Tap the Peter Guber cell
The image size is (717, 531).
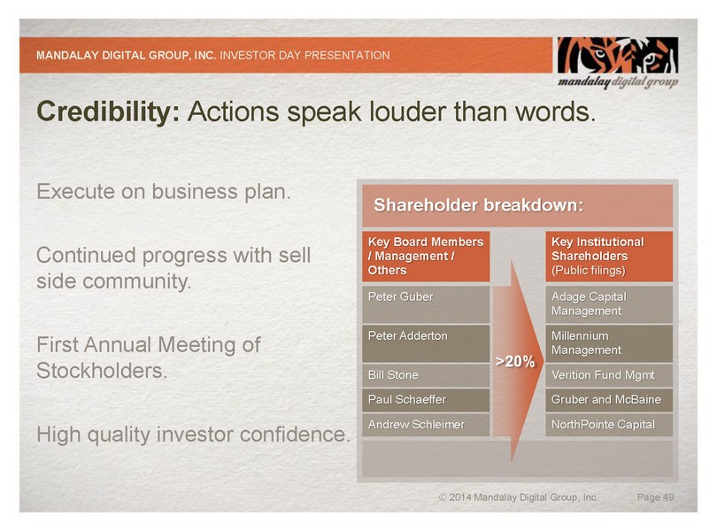(426, 304)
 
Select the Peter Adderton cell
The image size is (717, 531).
(426, 343)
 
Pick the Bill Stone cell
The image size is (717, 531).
(426, 375)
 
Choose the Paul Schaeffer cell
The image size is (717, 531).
(426, 400)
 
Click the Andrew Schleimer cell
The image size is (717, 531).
(426, 425)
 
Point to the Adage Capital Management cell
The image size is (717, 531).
(609, 304)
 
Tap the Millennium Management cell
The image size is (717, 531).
(609, 343)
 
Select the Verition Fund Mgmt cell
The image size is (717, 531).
(609, 375)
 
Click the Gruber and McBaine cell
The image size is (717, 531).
(609, 400)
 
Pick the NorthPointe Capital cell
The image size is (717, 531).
(609, 425)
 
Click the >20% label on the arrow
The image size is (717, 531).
(515, 362)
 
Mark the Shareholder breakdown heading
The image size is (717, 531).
(479, 205)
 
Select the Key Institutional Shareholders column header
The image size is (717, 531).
(609, 256)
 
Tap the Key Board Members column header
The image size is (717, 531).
(426, 256)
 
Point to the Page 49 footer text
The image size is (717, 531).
(655, 497)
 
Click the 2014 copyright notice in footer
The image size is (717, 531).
(519, 497)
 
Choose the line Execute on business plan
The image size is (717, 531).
(164, 192)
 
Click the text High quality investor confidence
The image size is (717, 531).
(194, 435)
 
